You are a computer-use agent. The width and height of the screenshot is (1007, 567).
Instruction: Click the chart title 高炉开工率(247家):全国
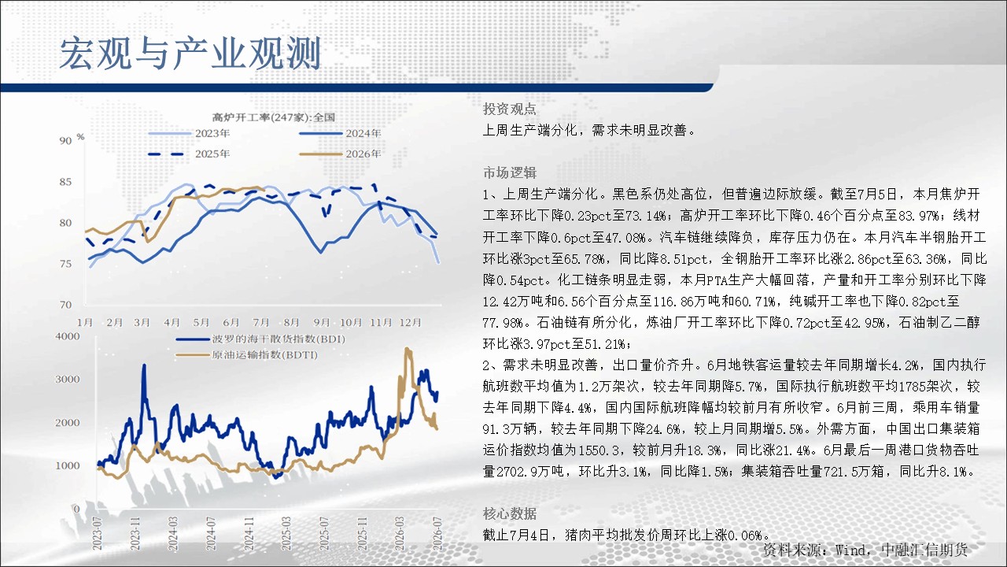pyautogui.click(x=273, y=117)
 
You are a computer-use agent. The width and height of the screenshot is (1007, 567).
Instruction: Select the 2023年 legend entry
pyautogui.click(x=190, y=133)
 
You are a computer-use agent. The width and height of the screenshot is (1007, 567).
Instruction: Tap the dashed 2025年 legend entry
pyautogui.click(x=190, y=154)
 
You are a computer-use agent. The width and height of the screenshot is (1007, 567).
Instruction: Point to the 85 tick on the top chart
pyautogui.click(x=65, y=182)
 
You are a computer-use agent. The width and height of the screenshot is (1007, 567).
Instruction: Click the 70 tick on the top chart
pyautogui.click(x=65, y=305)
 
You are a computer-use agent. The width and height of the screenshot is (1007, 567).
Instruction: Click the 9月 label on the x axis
pyautogui.click(x=322, y=322)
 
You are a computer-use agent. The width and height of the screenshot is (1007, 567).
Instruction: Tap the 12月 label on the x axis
pyautogui.click(x=410, y=322)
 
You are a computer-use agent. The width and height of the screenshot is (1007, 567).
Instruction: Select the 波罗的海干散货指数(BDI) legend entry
pyautogui.click(x=260, y=339)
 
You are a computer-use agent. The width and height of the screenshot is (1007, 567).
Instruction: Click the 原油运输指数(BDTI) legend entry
pyautogui.click(x=247, y=355)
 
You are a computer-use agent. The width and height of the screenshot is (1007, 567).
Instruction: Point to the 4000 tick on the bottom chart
pyautogui.click(x=68, y=336)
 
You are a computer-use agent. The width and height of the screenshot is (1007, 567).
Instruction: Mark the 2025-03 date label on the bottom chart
pyautogui.click(x=286, y=534)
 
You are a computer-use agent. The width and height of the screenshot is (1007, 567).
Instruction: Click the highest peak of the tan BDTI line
pyautogui.click(x=408, y=348)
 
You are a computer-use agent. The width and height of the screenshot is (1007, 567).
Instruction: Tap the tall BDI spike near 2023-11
pyautogui.click(x=144, y=365)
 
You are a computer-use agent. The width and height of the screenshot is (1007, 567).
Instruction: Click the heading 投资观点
pyautogui.click(x=509, y=109)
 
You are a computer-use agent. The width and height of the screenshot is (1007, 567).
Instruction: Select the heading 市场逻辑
pyautogui.click(x=509, y=172)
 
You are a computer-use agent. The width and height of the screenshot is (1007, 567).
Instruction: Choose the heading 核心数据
pyautogui.click(x=509, y=513)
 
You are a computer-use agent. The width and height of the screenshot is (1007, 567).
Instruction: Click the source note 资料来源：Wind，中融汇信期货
pyautogui.click(x=865, y=550)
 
